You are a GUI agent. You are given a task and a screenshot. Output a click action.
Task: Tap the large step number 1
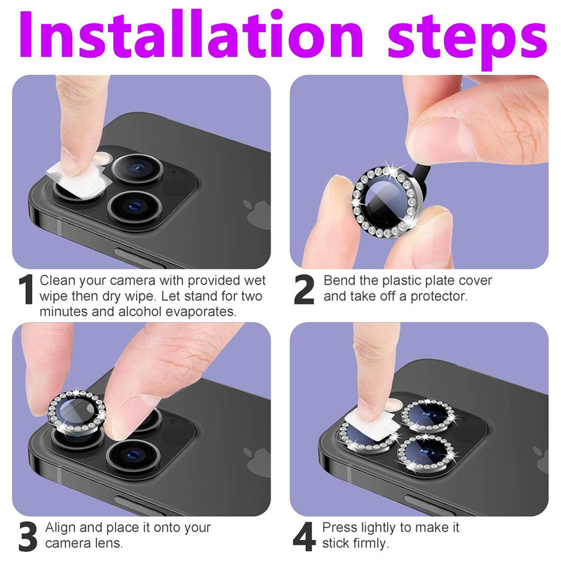pos(26,290)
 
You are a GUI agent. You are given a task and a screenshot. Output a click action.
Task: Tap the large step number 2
pos(304,290)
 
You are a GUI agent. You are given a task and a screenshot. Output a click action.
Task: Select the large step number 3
pos(28,536)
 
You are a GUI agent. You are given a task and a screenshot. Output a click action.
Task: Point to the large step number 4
pos(304,536)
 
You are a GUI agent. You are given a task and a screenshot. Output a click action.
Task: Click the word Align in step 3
pos(60,528)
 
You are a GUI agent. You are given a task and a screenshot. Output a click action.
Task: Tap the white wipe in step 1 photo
pos(76,180)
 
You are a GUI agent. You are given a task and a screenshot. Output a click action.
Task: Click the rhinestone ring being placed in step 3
pos(76,412)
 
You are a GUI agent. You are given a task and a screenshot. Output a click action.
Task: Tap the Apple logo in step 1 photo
pos(257,214)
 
